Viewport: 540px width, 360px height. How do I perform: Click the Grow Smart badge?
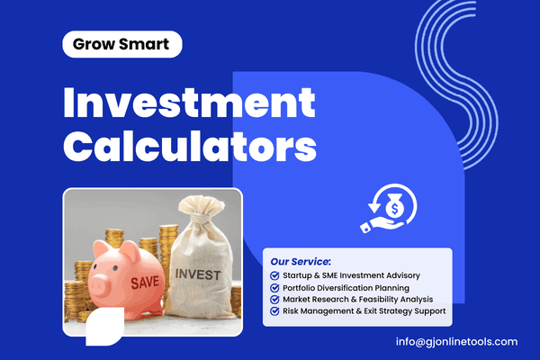click(122, 43)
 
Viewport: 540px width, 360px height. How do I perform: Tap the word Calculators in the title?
click(190, 145)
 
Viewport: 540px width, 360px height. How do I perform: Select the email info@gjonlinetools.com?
click(456, 341)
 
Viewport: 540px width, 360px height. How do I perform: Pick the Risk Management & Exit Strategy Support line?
click(363, 311)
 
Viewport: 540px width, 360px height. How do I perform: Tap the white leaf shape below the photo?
click(104, 327)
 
